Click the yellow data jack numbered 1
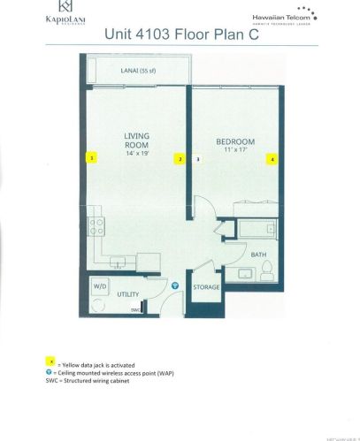(x=91, y=158)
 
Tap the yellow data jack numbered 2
(x=180, y=159)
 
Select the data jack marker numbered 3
(x=199, y=159)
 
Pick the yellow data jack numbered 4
(x=272, y=159)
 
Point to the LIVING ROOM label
(x=139, y=141)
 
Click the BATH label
(x=258, y=255)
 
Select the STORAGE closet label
(x=207, y=287)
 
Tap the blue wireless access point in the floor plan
(x=175, y=286)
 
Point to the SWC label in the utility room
(x=135, y=310)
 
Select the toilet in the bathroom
(x=268, y=275)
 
